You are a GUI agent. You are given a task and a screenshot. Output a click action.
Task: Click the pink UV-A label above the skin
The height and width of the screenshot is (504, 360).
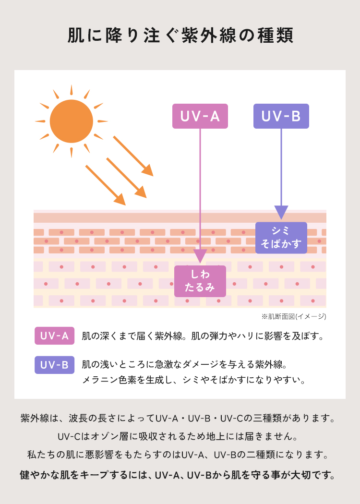pos(200,116)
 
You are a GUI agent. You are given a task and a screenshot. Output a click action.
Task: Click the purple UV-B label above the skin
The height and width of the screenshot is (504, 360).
pos(281,116)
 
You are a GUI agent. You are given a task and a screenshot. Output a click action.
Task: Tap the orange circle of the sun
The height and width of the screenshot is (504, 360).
pos(72,121)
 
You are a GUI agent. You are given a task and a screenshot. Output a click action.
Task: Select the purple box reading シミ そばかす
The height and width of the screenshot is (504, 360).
pos(281,238)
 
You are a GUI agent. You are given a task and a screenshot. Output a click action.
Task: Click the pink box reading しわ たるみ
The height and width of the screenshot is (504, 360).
pos(200,281)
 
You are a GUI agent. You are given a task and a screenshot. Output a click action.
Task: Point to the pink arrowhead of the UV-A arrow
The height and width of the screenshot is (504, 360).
pos(200,256)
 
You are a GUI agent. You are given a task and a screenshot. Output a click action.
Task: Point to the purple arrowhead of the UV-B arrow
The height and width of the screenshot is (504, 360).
pos(281,212)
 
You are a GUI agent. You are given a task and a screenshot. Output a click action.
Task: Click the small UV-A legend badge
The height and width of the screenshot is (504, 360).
pos(54,336)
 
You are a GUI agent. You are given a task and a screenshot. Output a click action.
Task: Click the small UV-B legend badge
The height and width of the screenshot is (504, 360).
pos(54,365)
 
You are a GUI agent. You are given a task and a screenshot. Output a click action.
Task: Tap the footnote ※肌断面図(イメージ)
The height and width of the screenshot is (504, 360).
pos(294,317)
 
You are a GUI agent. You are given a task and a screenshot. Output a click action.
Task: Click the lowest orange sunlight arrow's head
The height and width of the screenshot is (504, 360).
pos(120,200)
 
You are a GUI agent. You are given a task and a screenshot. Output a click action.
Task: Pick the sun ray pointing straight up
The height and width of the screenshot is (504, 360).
pos(72,90)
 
